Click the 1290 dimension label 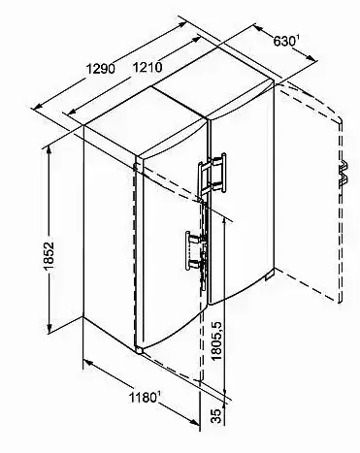click(x=101, y=69)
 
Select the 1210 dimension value click(x=147, y=67)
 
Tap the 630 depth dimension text click(x=284, y=42)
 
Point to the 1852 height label click(x=49, y=256)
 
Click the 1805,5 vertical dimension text click(x=217, y=340)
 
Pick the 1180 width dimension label click(x=143, y=397)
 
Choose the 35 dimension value click(x=217, y=416)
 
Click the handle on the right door click(x=212, y=174)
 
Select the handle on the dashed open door click(x=344, y=174)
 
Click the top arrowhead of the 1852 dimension click(x=49, y=150)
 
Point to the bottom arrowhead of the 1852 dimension click(x=49, y=328)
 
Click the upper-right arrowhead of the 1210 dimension click(x=196, y=40)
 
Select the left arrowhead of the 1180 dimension click(x=89, y=363)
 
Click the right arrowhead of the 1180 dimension click(x=194, y=421)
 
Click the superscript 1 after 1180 click(x=159, y=394)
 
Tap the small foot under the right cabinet click(x=270, y=276)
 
